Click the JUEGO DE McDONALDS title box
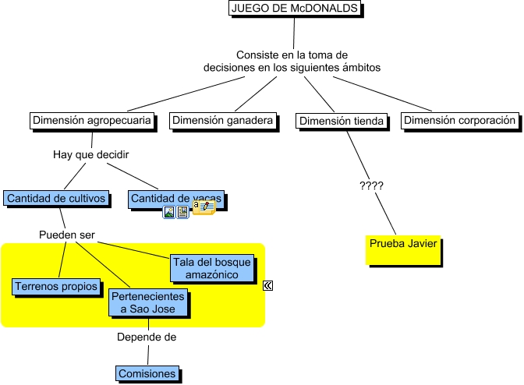tap(296, 9)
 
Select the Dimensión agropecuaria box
tap(91, 121)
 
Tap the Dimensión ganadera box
tap(223, 121)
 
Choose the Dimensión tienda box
tap(342, 121)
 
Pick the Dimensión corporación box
tap(460, 121)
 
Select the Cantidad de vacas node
tap(175, 200)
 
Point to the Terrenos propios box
tap(56, 287)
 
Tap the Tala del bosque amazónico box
tap(211, 268)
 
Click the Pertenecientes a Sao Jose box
tap(149, 303)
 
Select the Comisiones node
tap(147, 374)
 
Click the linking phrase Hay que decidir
tap(90, 154)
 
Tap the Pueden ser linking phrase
tap(66, 235)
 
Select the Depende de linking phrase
tap(147, 337)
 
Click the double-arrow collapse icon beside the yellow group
tap(268, 286)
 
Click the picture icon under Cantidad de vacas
tap(168, 212)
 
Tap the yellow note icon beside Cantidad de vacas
tap(204, 207)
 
